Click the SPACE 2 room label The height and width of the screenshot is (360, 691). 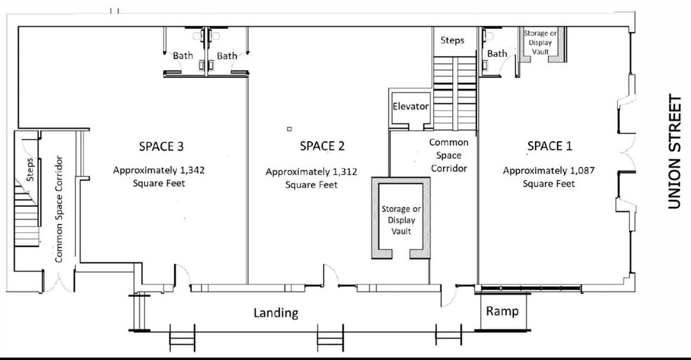pos(322,146)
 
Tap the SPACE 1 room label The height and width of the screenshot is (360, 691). pos(549,145)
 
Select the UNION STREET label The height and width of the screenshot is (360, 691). pos(675,152)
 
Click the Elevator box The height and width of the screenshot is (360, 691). pos(410,107)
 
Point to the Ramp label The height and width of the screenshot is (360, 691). pos(503,311)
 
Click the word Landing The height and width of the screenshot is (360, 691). pos(276,313)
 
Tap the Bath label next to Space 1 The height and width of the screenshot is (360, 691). pos(497,54)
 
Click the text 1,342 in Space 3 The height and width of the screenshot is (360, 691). pos(189,171)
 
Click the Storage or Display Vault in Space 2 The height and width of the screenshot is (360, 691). pos(401,220)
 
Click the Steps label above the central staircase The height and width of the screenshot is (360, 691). pos(452,40)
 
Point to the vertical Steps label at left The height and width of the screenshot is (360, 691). pos(30,169)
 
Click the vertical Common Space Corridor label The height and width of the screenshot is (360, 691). pos(59,209)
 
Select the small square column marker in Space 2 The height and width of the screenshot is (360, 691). pos(289,129)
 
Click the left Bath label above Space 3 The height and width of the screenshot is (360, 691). pos(183,55)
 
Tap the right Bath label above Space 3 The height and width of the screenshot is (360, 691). pos(227,55)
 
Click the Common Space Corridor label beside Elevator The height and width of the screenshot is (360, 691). pos(448,155)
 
